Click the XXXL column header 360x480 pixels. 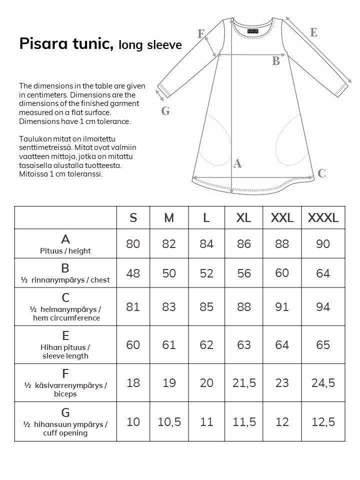pyautogui.click(x=323, y=217)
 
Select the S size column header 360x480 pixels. pyautogui.click(x=133, y=217)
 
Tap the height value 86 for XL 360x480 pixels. pyautogui.click(x=244, y=244)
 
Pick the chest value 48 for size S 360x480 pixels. pyautogui.click(x=133, y=273)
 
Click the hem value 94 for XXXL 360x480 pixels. pyautogui.click(x=323, y=306)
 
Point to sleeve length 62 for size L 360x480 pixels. pyautogui.click(x=206, y=344)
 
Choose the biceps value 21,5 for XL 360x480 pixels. pyautogui.click(x=244, y=383)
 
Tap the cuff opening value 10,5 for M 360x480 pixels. pyautogui.click(x=169, y=422)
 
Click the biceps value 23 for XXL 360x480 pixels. pyautogui.click(x=282, y=383)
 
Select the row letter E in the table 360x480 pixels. pyautogui.click(x=65, y=336)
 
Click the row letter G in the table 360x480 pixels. pyautogui.click(x=65, y=413)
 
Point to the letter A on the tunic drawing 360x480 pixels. pyautogui.click(x=237, y=163)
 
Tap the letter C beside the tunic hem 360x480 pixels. pyautogui.click(x=321, y=173)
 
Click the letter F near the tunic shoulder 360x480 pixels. pyautogui.click(x=201, y=34)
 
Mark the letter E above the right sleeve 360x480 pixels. pyautogui.click(x=313, y=32)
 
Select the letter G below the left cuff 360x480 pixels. pyautogui.click(x=165, y=111)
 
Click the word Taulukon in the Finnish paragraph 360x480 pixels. pyautogui.click(x=32, y=138)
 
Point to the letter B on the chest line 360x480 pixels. pyautogui.click(x=275, y=61)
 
